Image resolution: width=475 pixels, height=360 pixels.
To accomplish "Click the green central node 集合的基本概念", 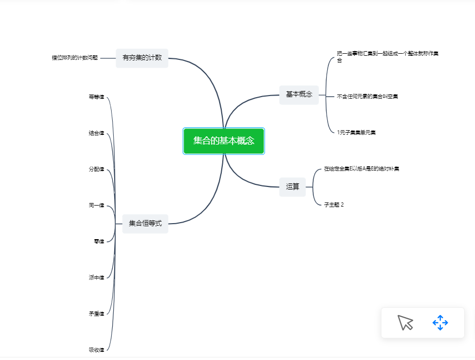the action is (x=224, y=141).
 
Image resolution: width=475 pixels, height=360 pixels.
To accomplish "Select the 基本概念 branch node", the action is (x=299, y=95).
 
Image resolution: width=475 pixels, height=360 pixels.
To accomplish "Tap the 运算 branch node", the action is (x=293, y=187).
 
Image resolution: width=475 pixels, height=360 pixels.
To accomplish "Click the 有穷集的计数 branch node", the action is (x=142, y=58).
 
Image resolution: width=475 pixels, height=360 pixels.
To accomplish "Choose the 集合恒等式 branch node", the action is (x=145, y=224).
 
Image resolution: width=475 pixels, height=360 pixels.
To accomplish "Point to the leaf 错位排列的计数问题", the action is (x=75, y=58).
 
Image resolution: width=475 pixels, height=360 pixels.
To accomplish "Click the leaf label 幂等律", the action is (x=97, y=97).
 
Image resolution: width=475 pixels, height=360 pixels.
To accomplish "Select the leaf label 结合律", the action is (x=97, y=133).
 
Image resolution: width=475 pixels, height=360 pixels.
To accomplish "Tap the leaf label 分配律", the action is (x=97, y=169).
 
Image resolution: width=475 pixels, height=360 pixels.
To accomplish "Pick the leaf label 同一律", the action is (x=97, y=205).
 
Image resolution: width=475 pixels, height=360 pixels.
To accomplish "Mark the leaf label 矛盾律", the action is (x=97, y=314).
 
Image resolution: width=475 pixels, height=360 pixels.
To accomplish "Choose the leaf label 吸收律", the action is (x=97, y=350).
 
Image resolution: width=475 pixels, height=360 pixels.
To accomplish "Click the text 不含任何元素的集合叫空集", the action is (x=367, y=96).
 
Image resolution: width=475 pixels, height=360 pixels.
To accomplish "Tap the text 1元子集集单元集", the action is (x=356, y=132).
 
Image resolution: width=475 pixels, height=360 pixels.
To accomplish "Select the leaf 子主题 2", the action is (x=334, y=205).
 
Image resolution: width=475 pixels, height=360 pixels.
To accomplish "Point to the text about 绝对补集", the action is (x=361, y=169).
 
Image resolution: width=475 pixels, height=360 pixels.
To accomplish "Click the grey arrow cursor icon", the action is (x=405, y=323).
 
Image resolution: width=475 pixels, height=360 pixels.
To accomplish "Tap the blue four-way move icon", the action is (x=440, y=323).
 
